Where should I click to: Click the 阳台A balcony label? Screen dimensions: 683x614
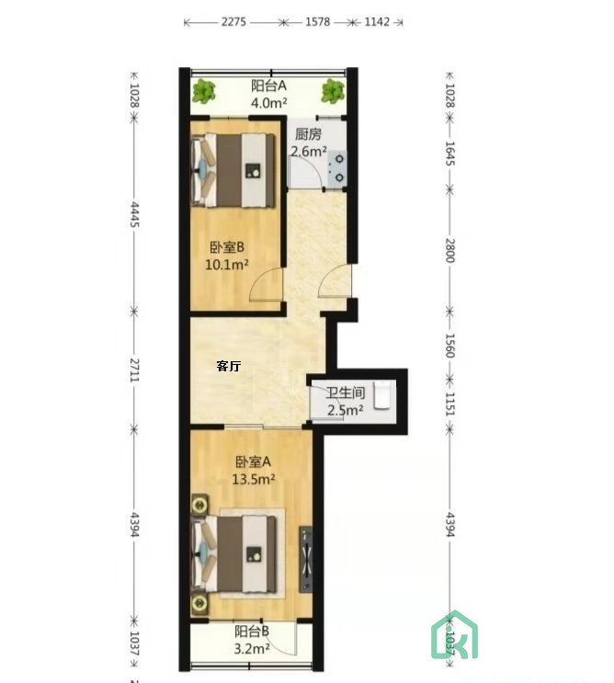coord(269,86)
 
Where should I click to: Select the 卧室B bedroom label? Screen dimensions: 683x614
coord(226,246)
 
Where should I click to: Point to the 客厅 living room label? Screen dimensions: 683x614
coord(229,366)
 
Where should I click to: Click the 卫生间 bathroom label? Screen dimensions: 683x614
coord(346,393)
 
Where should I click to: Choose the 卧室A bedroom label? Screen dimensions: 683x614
coord(253,461)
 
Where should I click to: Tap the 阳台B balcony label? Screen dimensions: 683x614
coord(251,632)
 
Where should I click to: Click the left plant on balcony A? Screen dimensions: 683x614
coord(205,91)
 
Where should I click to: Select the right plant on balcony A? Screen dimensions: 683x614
coord(332,90)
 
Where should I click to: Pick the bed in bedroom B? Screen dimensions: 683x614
coord(236,169)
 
